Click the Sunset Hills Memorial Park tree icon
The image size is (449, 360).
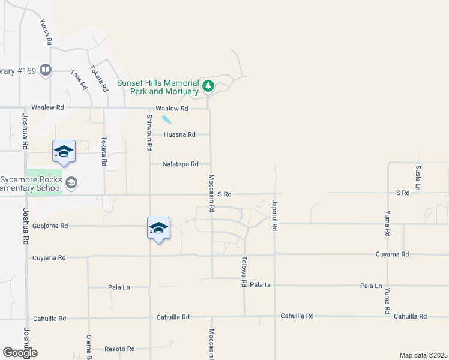(208, 86)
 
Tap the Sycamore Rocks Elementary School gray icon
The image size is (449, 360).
(71, 182)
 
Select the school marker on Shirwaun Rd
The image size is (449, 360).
(158, 229)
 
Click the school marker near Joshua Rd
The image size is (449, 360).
(64, 151)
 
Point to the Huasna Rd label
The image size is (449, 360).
(179, 135)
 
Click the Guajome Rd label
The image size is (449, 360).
(52, 226)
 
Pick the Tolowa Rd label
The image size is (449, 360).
(244, 272)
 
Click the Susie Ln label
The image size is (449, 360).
(417, 173)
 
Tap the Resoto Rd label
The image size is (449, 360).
(119, 349)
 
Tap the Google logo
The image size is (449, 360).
(20, 353)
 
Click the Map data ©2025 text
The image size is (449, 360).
(423, 355)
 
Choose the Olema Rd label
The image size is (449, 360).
(89, 346)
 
